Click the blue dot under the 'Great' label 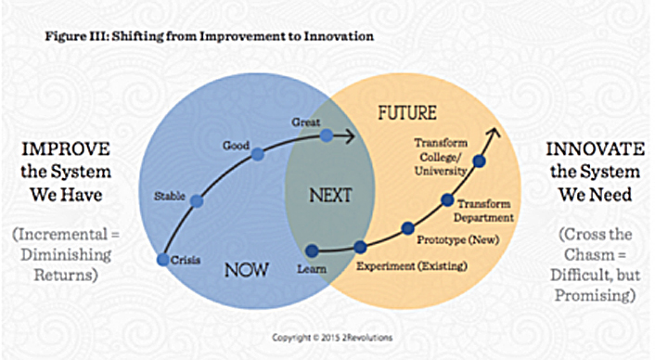point(327,135)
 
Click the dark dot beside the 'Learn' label point(312,249)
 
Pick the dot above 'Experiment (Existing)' point(360,247)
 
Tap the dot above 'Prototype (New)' point(406,228)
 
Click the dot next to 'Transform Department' point(446,199)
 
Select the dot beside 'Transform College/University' point(479,161)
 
